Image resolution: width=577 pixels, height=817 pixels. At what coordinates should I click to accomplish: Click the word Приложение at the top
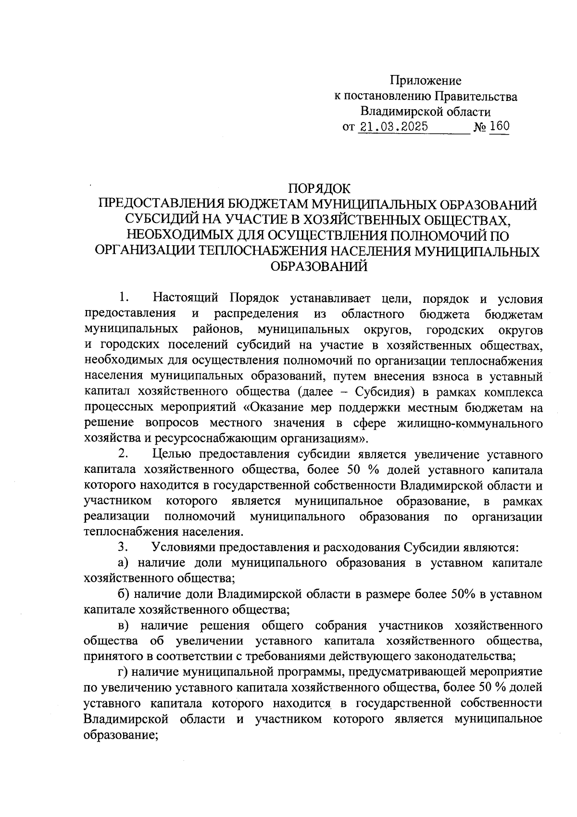(x=425, y=80)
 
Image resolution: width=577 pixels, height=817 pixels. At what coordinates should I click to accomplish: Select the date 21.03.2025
(x=393, y=127)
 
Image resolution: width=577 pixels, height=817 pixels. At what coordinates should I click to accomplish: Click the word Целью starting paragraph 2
(x=171, y=454)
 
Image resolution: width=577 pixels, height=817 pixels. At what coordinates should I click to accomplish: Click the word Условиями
(x=183, y=547)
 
